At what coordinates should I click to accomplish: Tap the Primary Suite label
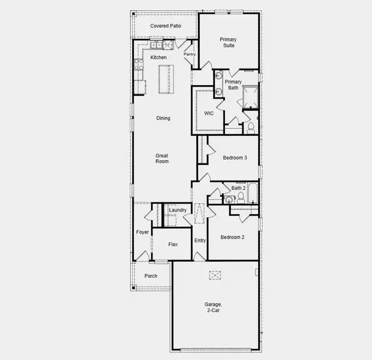(x=228, y=43)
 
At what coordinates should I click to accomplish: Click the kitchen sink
(x=157, y=45)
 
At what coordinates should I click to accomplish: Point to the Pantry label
(x=190, y=55)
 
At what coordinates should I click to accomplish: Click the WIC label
(x=209, y=113)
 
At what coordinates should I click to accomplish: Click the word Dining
(x=163, y=118)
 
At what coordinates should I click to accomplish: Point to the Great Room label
(x=162, y=158)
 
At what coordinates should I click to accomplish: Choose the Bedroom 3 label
(x=235, y=158)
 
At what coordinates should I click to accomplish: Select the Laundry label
(x=178, y=210)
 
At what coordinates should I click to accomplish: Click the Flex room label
(x=173, y=245)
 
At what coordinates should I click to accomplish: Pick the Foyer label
(x=142, y=232)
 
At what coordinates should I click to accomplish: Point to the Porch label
(x=151, y=276)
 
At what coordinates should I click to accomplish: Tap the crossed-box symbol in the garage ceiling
(x=215, y=275)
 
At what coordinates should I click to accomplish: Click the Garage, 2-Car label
(x=215, y=308)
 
